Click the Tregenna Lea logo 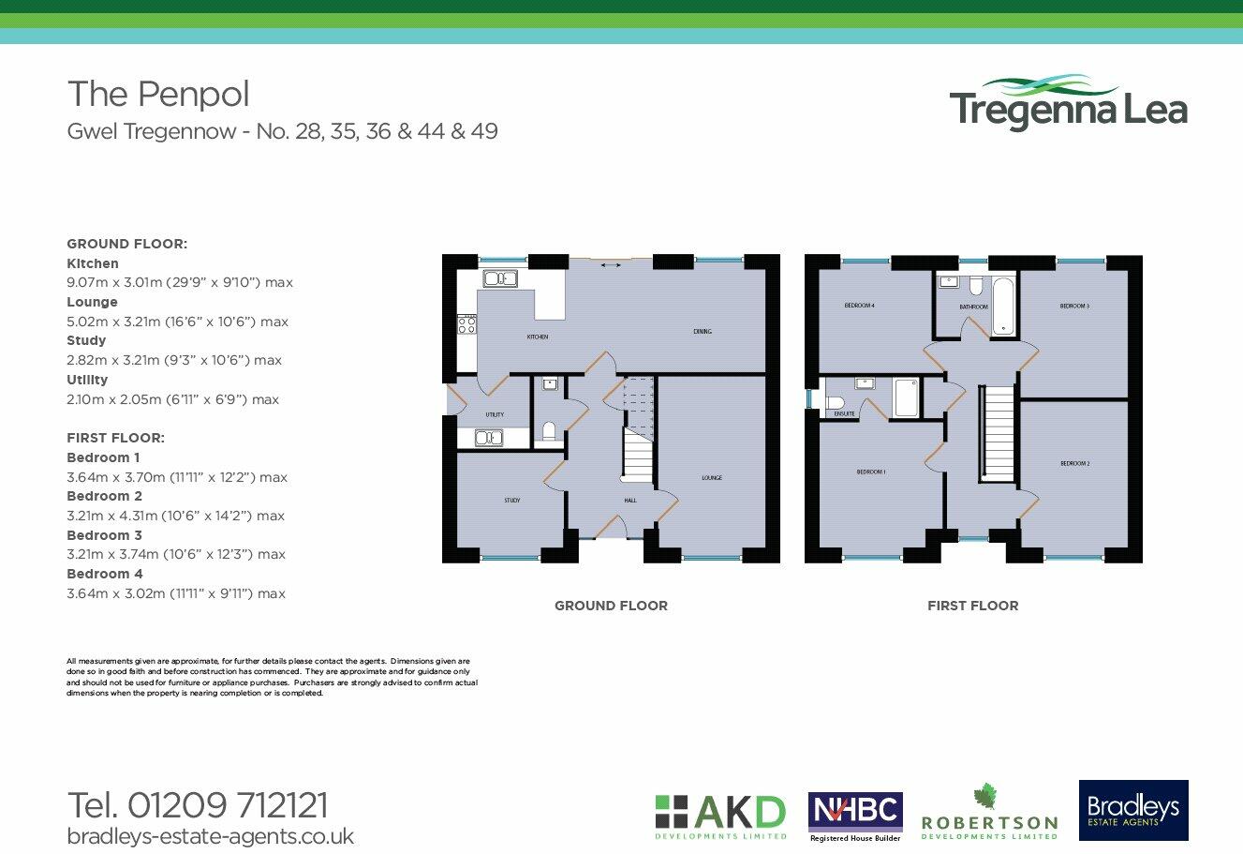click(x=1068, y=103)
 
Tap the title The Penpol click(x=158, y=94)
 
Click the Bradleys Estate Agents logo click(x=1133, y=810)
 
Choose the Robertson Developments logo click(x=989, y=813)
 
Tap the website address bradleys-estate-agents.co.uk click(x=210, y=835)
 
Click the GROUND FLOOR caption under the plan click(x=611, y=606)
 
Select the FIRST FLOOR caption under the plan click(x=972, y=606)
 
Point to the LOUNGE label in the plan click(x=712, y=478)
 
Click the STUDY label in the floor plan click(x=511, y=501)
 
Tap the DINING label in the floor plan click(x=703, y=331)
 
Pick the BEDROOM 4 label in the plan click(x=859, y=306)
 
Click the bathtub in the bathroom click(x=1003, y=305)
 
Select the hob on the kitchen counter click(x=466, y=324)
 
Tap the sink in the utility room click(x=489, y=438)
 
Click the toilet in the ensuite click(x=835, y=403)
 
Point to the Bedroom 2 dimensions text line click(x=175, y=516)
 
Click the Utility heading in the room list click(x=87, y=380)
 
